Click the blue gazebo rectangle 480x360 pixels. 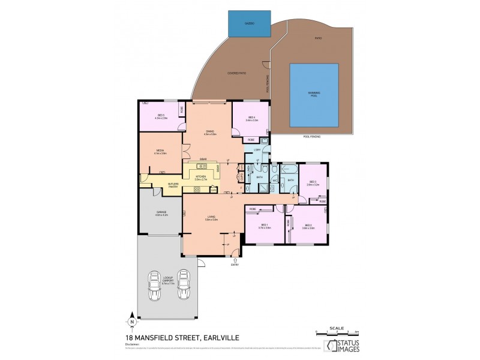tap(249, 25)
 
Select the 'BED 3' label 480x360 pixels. tap(312, 183)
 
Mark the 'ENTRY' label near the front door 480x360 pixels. tap(235, 264)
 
